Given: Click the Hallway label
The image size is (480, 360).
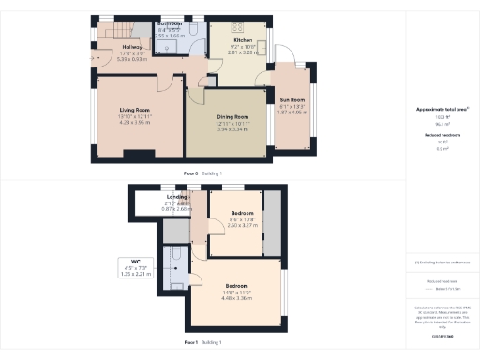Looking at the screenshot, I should [131, 46].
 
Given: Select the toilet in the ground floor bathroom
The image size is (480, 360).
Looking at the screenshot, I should [193, 28].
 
